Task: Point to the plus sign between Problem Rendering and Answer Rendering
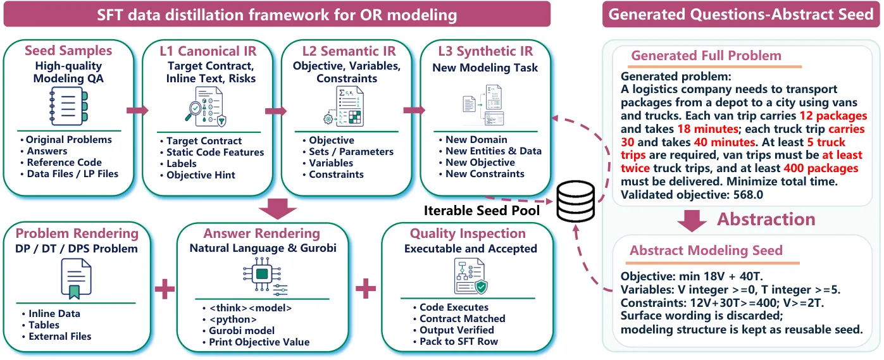pyautogui.click(x=165, y=289)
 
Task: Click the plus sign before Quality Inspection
pyautogui.click(x=366, y=289)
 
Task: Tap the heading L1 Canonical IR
pyautogui.click(x=208, y=51)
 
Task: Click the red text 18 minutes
pyautogui.click(x=707, y=128)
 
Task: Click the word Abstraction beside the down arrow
pyautogui.click(x=766, y=219)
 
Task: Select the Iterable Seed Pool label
pyautogui.click(x=482, y=211)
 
